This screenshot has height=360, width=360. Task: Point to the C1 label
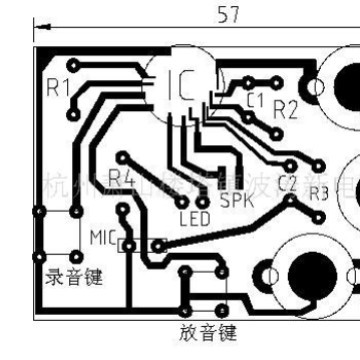click(255, 100)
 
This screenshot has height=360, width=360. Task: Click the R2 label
click(286, 109)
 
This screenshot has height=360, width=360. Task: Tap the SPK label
click(236, 199)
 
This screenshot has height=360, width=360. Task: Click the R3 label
click(318, 193)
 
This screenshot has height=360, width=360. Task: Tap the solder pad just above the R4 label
click(121, 157)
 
